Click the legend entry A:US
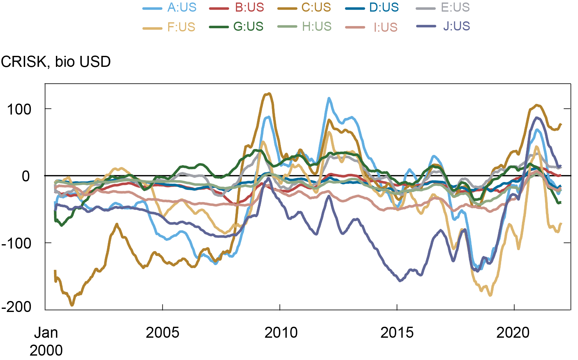coord(182,8)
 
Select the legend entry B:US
coord(249,8)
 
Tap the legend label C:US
coord(316,8)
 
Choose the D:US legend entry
coord(384,8)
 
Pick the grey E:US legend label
coord(455,8)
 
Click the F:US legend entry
coord(181,27)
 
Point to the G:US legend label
coord(248,27)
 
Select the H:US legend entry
coord(317,27)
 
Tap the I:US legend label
coord(385,28)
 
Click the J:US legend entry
coord(456,26)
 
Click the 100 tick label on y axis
coord(19,110)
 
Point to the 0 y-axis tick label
coord(26,176)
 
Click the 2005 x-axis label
coord(162,333)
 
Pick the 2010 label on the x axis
coord(281,333)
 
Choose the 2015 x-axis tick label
coord(397,333)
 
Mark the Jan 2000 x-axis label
coord(46,341)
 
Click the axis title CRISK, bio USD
coord(56,62)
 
